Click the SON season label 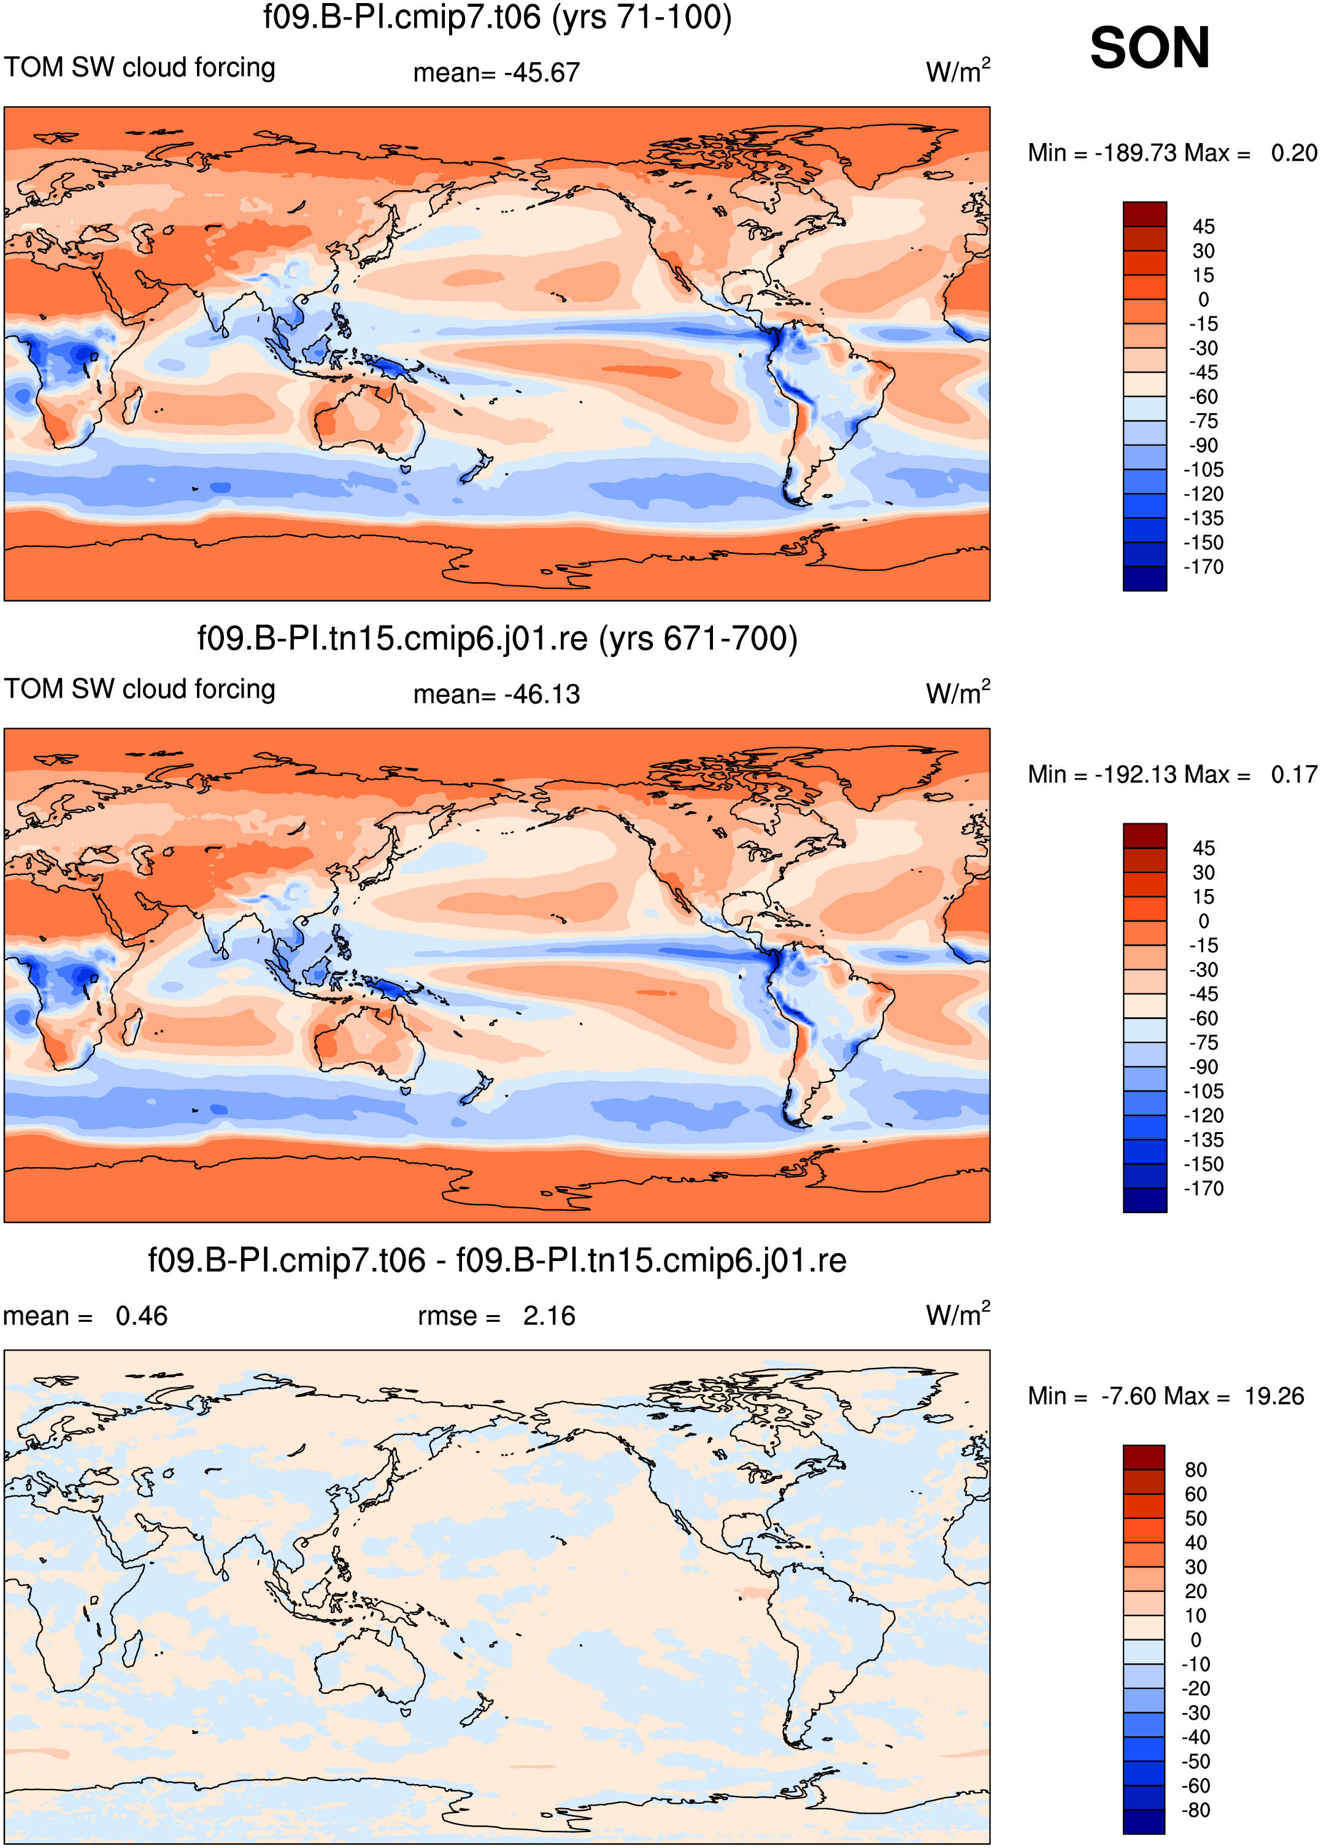click(x=1149, y=48)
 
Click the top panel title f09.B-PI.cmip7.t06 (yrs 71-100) click(x=497, y=17)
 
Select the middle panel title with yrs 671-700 click(x=497, y=639)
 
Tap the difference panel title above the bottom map click(x=497, y=1260)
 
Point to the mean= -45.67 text click(x=496, y=73)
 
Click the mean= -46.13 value click(x=496, y=695)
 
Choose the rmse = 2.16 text click(x=496, y=1316)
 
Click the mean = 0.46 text click(x=85, y=1316)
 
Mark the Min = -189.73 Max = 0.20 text click(x=1172, y=153)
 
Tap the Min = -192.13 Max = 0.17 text click(x=1172, y=775)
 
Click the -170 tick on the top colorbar click(x=1203, y=567)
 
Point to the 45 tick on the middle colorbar click(x=1204, y=848)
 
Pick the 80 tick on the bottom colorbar click(x=1196, y=1470)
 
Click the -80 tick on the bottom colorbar click(x=1196, y=1810)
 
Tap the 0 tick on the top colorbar click(x=1204, y=300)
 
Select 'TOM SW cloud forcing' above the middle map click(x=140, y=689)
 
